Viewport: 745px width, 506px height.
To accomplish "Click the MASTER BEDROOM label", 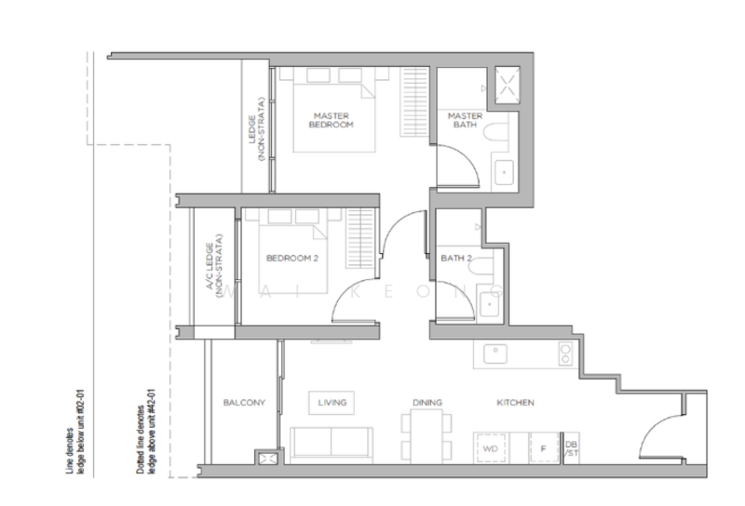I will click(x=332, y=119).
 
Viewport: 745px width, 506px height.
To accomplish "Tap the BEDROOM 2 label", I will click(x=292, y=259).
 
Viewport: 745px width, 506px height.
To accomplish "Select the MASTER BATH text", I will click(x=465, y=120).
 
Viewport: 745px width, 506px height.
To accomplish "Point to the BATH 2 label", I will click(x=458, y=259).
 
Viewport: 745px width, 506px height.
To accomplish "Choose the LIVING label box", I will click(x=332, y=403).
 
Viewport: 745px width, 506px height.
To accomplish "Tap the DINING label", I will click(x=427, y=403).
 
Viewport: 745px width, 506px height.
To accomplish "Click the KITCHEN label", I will click(x=514, y=403).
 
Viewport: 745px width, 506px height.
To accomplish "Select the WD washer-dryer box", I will click(x=491, y=448).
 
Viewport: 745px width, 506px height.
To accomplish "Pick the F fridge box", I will click(x=543, y=448).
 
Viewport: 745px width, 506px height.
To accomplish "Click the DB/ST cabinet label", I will click(x=571, y=448).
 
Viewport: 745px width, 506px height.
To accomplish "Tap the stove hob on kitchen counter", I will click(x=564, y=353).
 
